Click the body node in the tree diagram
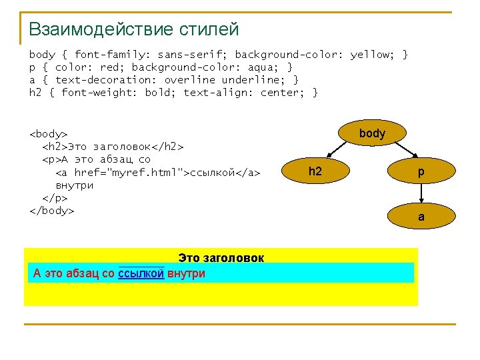pyautogui.click(x=372, y=133)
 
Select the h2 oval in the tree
pyautogui.click(x=315, y=172)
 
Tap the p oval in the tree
pyautogui.click(x=421, y=172)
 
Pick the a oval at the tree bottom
pyautogui.click(x=421, y=216)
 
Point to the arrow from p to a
pyautogui.click(x=421, y=194)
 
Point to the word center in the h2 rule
pyautogui.click(x=280, y=93)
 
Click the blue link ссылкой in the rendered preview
pyautogui.click(x=141, y=273)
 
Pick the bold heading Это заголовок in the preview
pyautogui.click(x=221, y=257)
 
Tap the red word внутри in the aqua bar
pyautogui.click(x=186, y=273)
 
